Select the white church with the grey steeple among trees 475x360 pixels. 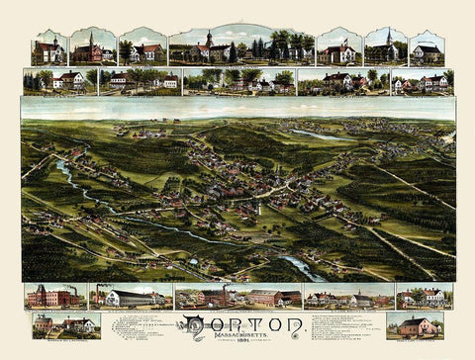pyautogui.click(x=385, y=47)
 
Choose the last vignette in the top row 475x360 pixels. pyautogui.click(x=427, y=48)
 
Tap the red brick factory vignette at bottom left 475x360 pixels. pyautogui.click(x=54, y=296)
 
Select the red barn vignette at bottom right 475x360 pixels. pyautogui.click(x=415, y=325)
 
